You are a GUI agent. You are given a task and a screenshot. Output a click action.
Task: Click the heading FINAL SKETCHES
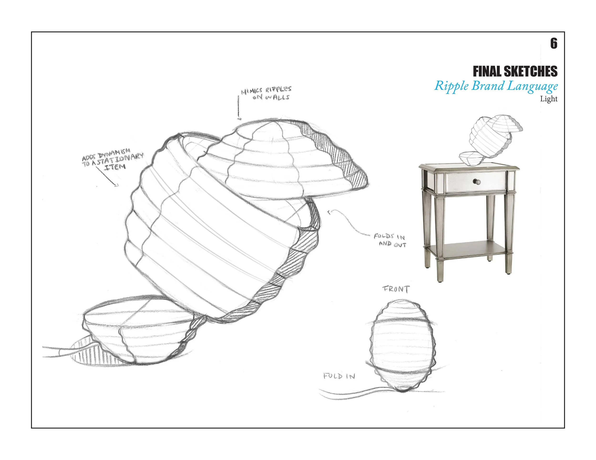[515, 71]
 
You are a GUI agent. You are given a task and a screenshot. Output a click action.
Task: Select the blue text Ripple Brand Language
[496, 86]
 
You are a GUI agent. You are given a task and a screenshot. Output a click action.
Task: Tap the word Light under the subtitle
[549, 99]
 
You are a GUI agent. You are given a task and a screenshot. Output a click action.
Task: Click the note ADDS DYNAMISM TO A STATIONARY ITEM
[113, 160]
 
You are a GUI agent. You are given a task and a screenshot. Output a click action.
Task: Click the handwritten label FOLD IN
[339, 376]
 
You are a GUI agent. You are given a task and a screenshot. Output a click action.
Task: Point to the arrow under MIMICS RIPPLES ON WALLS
[238, 108]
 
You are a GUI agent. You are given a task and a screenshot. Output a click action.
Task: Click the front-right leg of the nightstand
[507, 234]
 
